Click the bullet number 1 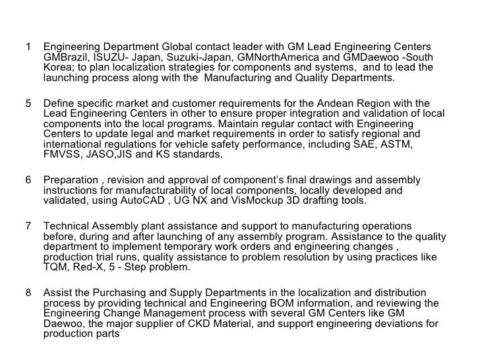click(x=28, y=47)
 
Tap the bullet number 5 click(x=28, y=104)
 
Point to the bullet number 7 click(x=28, y=227)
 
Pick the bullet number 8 click(x=28, y=293)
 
